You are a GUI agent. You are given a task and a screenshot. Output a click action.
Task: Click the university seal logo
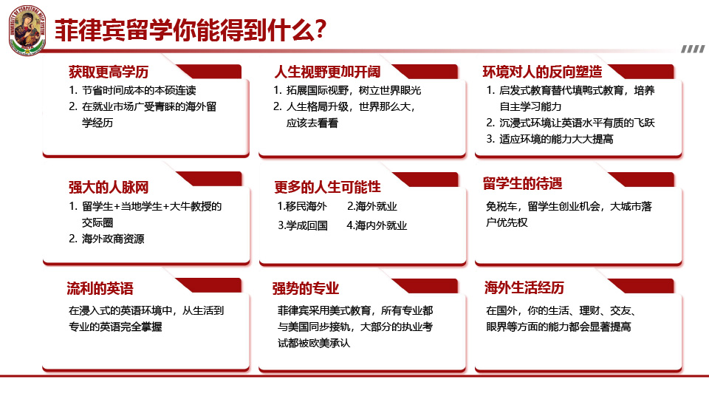click(27, 30)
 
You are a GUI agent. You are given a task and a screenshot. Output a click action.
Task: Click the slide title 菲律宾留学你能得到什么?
click(191, 30)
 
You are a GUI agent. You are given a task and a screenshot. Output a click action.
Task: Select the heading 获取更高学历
click(109, 72)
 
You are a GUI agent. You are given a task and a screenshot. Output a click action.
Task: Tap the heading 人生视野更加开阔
click(327, 72)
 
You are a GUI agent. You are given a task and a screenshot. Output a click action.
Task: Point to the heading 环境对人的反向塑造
click(542, 72)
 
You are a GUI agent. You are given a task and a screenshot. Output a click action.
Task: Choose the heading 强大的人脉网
click(109, 187)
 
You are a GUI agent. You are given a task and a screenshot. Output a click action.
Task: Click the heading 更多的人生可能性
click(327, 187)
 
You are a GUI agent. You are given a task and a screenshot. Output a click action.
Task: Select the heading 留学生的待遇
click(522, 184)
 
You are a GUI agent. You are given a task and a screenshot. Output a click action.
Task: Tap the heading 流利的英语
click(100, 289)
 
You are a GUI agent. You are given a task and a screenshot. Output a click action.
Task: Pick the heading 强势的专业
click(306, 289)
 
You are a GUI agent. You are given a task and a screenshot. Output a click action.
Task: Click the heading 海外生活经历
click(524, 287)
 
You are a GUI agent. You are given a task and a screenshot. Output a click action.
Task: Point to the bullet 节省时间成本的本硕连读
click(132, 90)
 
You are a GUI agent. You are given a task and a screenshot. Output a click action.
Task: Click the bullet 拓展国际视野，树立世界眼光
click(347, 90)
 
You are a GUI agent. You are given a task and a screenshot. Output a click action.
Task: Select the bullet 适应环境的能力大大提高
click(549, 140)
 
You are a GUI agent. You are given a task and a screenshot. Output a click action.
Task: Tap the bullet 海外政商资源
click(106, 239)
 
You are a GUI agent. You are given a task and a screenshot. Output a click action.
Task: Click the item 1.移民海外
click(302, 207)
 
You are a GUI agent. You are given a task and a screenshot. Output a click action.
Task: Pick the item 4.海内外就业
click(377, 225)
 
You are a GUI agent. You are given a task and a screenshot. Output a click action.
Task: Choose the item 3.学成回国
click(303, 225)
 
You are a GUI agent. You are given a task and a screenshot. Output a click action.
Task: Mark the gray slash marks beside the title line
click(693, 49)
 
